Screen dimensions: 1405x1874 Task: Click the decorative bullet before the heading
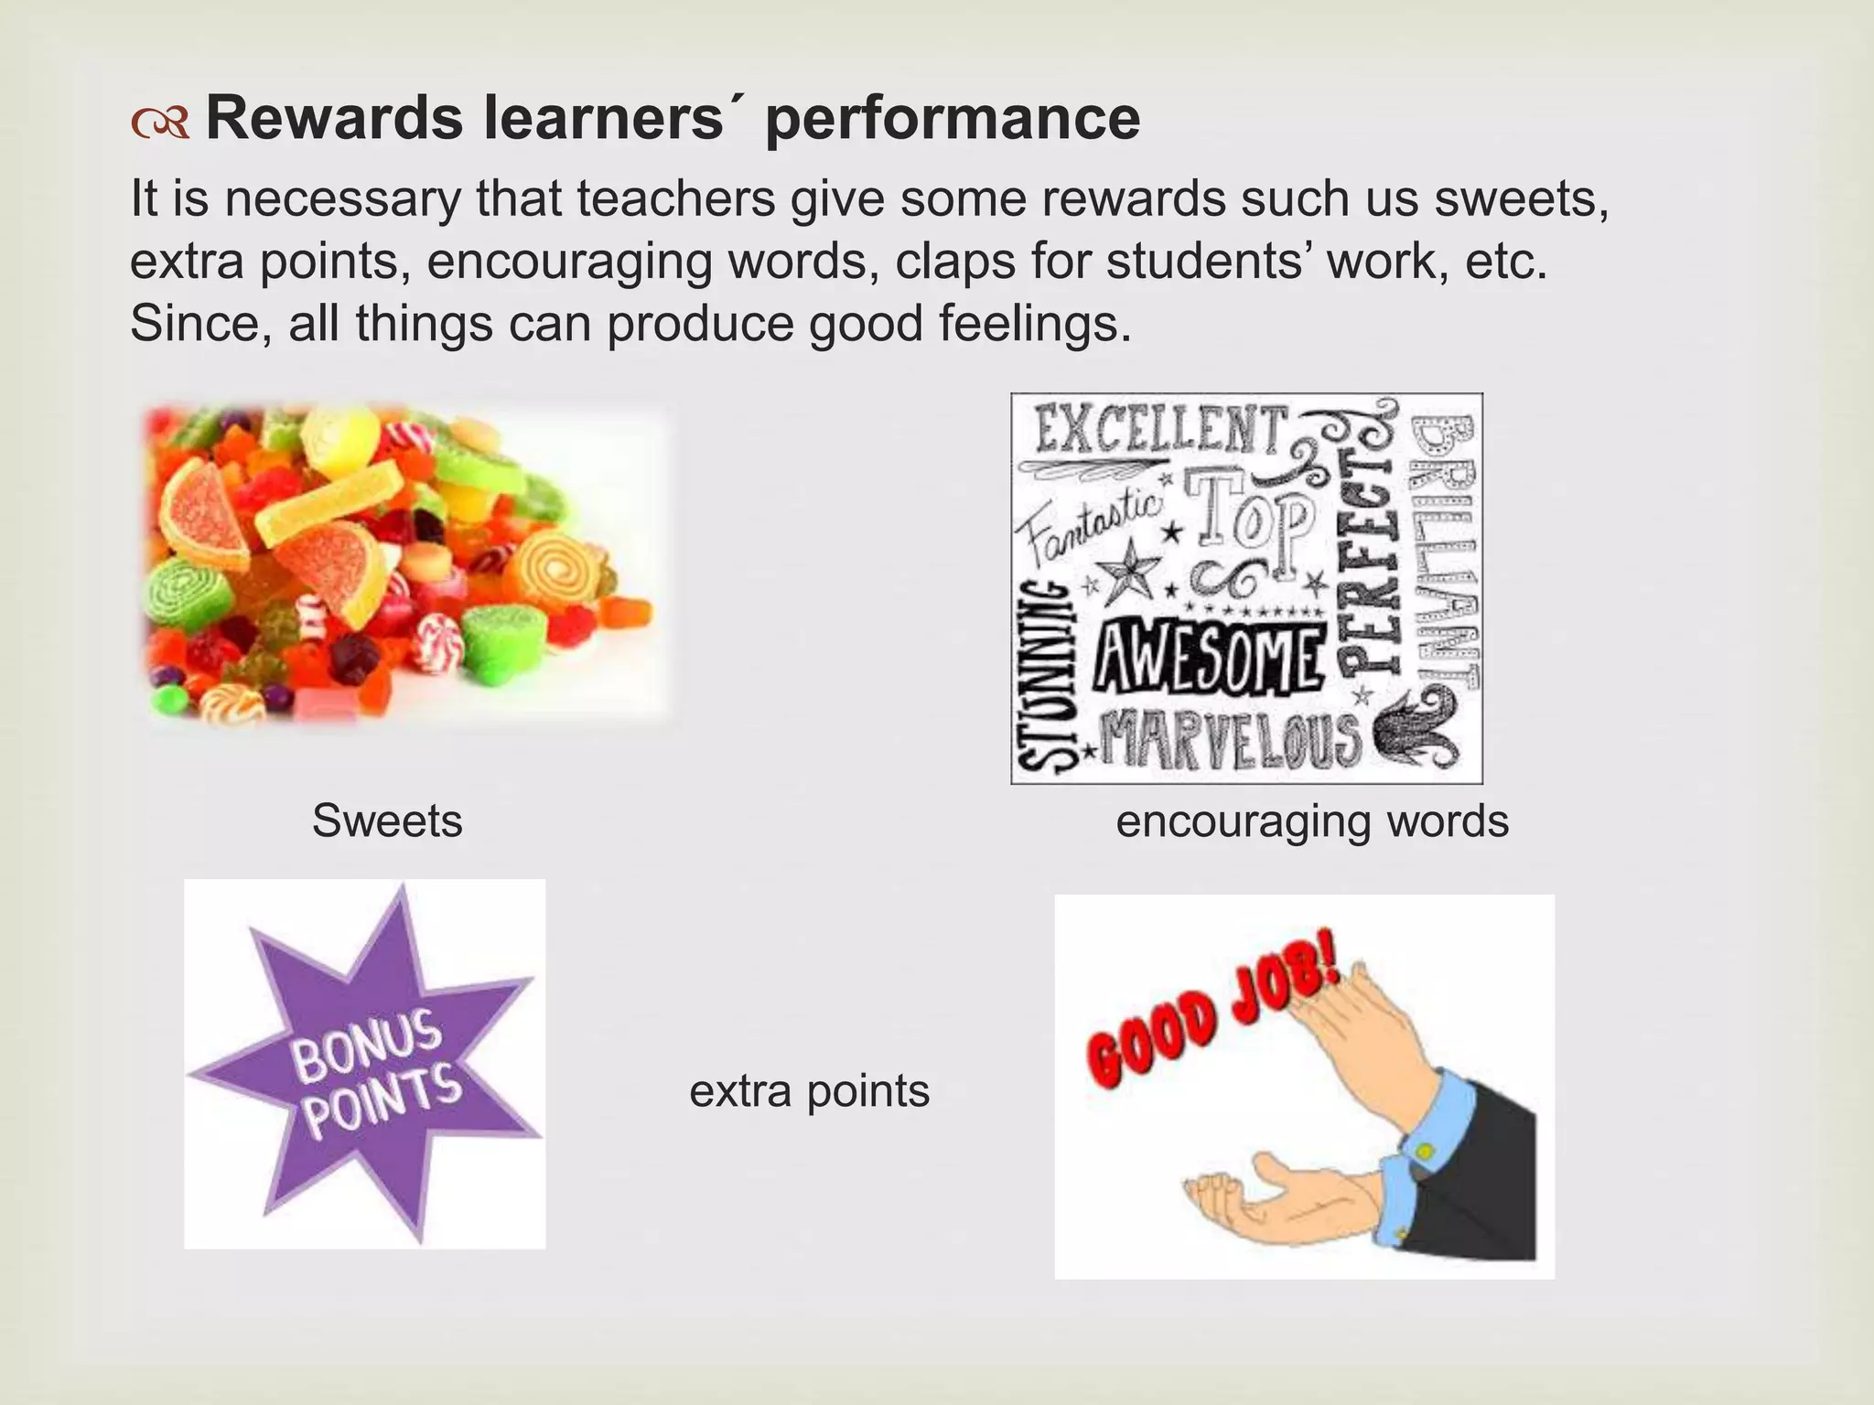click(159, 123)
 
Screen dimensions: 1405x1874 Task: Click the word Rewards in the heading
click(334, 119)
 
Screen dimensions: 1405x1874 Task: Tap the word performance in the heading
click(952, 121)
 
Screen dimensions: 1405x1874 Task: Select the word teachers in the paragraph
click(676, 199)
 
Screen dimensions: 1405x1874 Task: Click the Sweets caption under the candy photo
click(387, 820)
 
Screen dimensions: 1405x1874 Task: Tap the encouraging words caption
click(1312, 820)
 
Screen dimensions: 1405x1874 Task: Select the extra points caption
click(809, 1090)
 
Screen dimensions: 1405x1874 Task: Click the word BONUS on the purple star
click(367, 1047)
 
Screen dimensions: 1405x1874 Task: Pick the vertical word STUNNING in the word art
click(1043, 677)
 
